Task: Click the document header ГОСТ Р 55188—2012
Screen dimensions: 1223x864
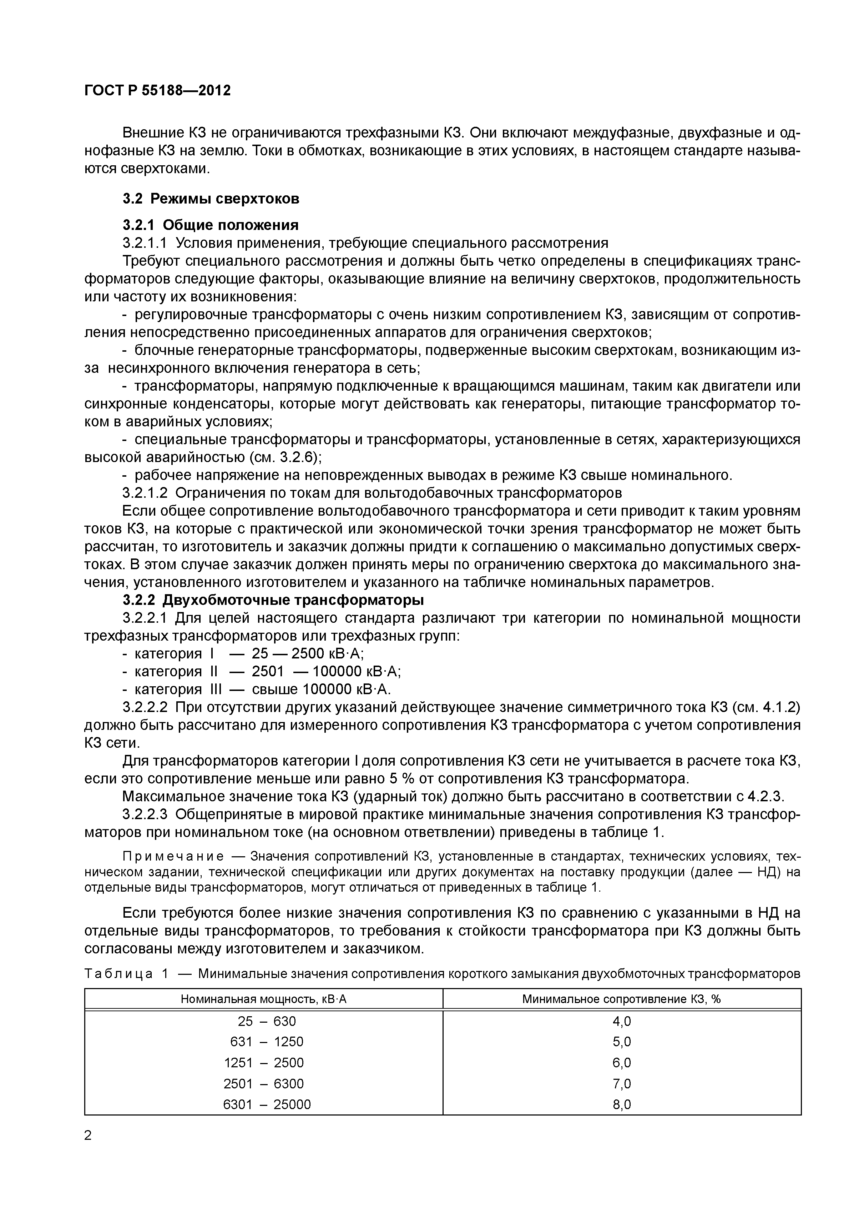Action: pyautogui.click(x=158, y=91)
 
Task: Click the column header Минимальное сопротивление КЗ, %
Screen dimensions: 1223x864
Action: pyautogui.click(x=621, y=999)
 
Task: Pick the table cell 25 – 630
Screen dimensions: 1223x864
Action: pyautogui.click(x=266, y=1021)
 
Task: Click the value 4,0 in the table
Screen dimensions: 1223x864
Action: pyautogui.click(x=621, y=1021)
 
